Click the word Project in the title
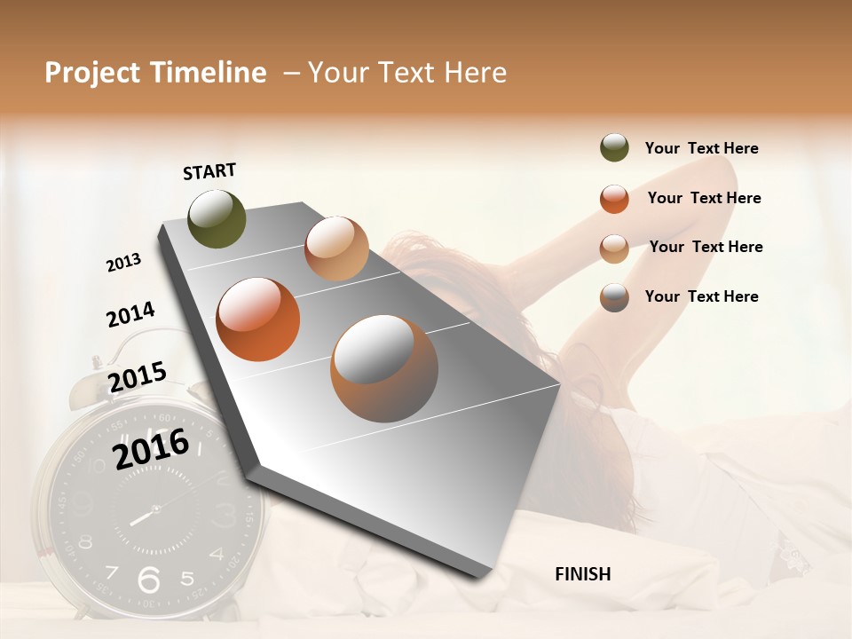click(x=91, y=73)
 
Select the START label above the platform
click(x=209, y=171)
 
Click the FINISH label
click(x=583, y=574)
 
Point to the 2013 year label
click(x=124, y=263)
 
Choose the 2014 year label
click(x=130, y=314)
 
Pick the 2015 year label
click(x=138, y=377)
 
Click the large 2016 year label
click(x=152, y=448)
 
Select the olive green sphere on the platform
click(x=217, y=218)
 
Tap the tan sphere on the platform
click(x=336, y=248)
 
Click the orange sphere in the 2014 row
click(x=258, y=319)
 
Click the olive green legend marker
click(x=614, y=148)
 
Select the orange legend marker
click(x=614, y=199)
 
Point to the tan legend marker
click(x=614, y=248)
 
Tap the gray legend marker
click(x=614, y=297)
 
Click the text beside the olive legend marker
click(x=701, y=148)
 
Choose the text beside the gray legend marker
click(x=701, y=296)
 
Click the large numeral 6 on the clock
click(x=148, y=579)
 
